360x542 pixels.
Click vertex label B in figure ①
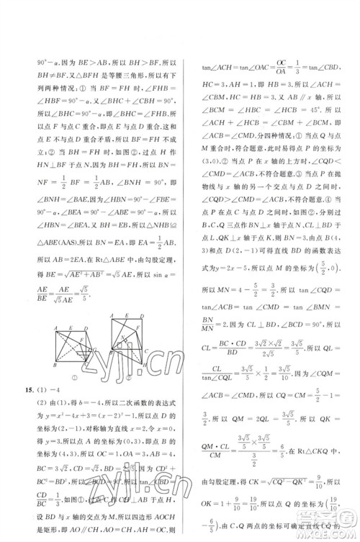coord(54,363)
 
